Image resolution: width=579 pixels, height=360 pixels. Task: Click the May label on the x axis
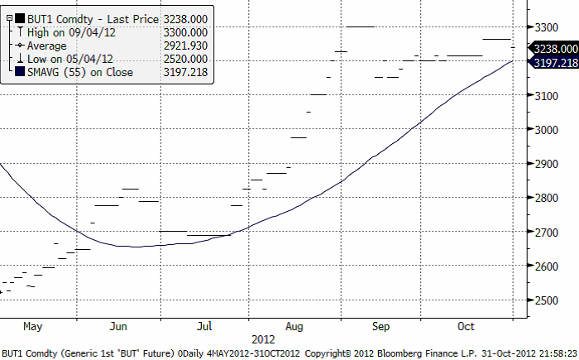click(x=32, y=325)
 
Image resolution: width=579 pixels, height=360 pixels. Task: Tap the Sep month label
click(x=380, y=325)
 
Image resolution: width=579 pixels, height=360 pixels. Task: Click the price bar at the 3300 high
click(x=361, y=27)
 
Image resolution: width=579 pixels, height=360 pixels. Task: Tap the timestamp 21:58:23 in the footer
click(x=556, y=353)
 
